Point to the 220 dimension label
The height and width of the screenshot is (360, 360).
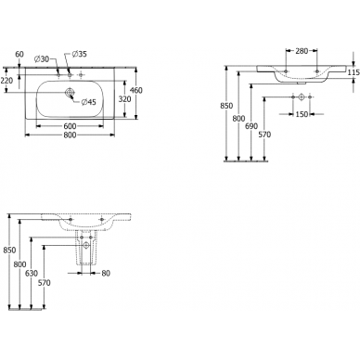(8, 80)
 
